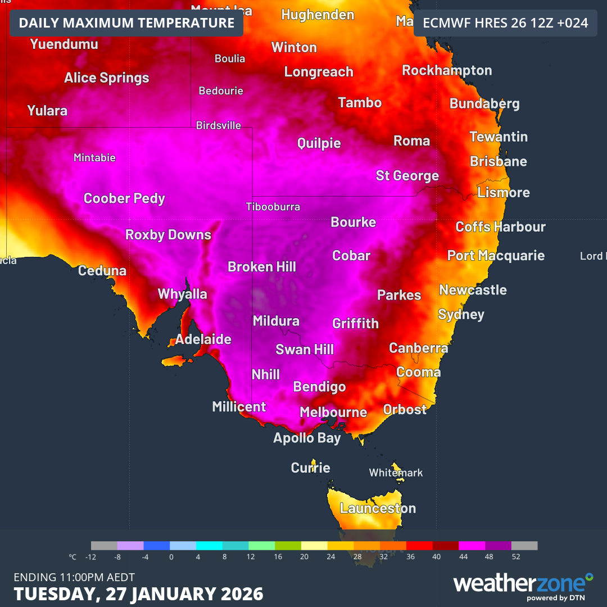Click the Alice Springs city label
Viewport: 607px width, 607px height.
click(x=106, y=78)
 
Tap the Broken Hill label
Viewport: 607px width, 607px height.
click(x=261, y=267)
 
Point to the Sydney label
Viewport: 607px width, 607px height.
click(x=461, y=315)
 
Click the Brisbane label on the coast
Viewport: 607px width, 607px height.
click(x=498, y=162)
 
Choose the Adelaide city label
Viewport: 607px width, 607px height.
click(x=203, y=339)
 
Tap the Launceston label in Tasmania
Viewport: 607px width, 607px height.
click(x=378, y=509)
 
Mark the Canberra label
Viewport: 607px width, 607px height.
click(x=418, y=348)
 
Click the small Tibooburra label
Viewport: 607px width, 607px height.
click(x=273, y=207)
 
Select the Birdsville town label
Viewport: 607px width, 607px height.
click(x=218, y=126)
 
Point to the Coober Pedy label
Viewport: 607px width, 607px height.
click(x=124, y=198)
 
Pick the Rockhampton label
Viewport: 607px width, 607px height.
click(x=447, y=71)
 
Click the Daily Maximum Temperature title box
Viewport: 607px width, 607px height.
click(x=126, y=23)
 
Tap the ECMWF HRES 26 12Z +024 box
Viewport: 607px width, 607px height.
click(x=505, y=23)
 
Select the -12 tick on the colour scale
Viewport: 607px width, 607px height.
click(x=91, y=557)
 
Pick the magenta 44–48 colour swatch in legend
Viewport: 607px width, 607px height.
click(x=472, y=546)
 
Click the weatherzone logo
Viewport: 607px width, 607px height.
click(x=523, y=585)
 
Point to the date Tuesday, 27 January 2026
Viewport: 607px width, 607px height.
click(x=138, y=594)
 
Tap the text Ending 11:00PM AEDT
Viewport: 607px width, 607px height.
click(x=74, y=577)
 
